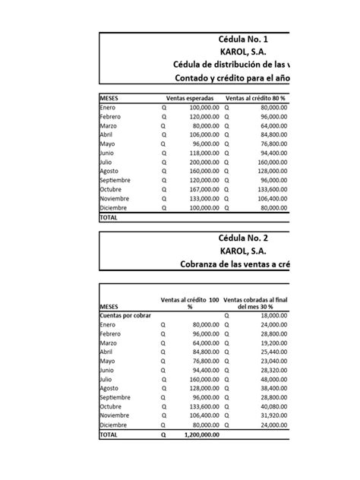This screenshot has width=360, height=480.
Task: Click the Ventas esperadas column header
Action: pos(190,98)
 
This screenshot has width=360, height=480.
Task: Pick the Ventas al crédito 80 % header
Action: pos(257,98)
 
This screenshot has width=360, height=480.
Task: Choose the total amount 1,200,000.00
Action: pos(197,437)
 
